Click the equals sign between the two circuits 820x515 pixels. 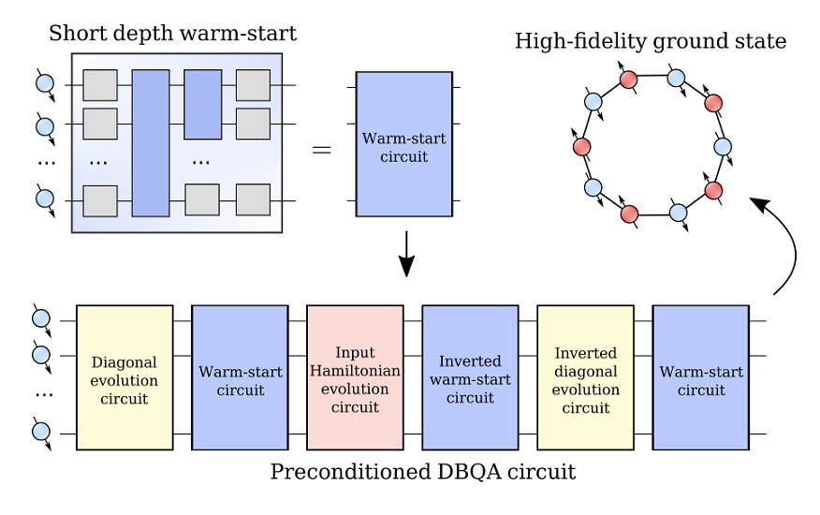(x=322, y=150)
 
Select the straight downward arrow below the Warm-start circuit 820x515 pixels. (x=406, y=255)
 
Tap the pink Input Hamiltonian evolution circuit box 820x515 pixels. (x=355, y=377)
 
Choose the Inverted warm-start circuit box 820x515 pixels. (x=470, y=377)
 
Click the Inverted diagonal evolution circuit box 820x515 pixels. (x=586, y=377)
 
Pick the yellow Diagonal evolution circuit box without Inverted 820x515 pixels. (x=124, y=377)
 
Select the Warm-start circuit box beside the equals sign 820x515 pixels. (x=404, y=144)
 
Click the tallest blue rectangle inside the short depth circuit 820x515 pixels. (x=151, y=143)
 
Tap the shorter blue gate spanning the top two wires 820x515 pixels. (x=203, y=105)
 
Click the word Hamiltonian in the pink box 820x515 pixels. (x=355, y=371)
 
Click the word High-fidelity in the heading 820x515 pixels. (x=575, y=41)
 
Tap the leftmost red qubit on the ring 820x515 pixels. (x=581, y=147)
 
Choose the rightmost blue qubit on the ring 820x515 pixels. (x=723, y=147)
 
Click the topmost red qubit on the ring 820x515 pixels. (x=629, y=80)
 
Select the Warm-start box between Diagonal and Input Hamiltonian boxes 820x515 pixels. (x=240, y=377)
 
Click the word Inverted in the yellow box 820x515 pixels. (x=586, y=353)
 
